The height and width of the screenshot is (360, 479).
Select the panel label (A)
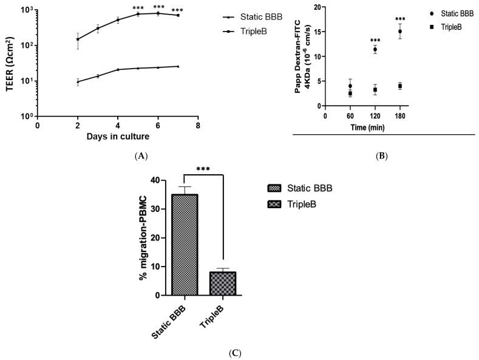tap(141, 156)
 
